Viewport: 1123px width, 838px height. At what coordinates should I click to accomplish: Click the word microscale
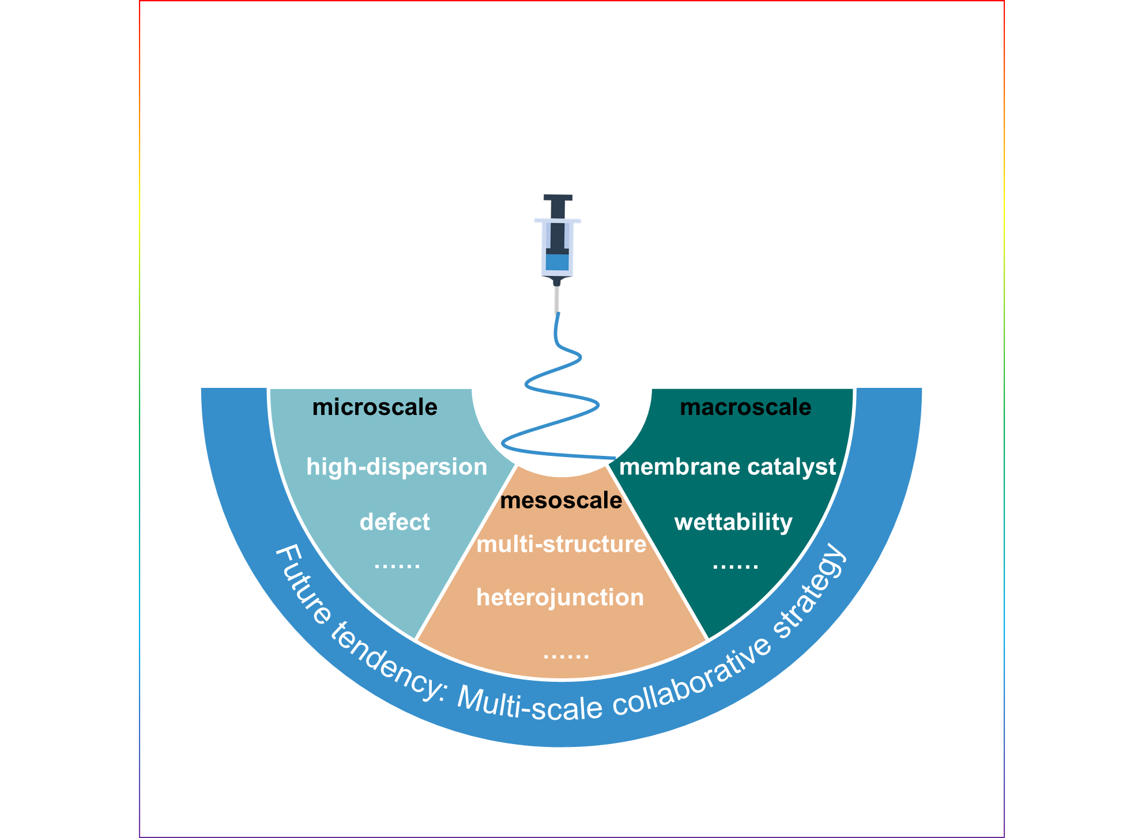pos(375,407)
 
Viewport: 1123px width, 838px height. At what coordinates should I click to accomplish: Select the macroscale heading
pos(745,407)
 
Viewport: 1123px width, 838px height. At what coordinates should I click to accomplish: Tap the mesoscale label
pos(561,500)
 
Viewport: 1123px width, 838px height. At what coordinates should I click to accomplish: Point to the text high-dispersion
pos(397,467)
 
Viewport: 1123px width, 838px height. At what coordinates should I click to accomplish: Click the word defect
pos(395,522)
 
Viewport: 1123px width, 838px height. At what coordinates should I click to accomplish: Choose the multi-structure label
pos(561,544)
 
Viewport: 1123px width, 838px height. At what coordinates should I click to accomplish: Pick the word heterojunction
pos(560,598)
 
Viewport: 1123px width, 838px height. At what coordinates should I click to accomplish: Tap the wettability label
pos(733,522)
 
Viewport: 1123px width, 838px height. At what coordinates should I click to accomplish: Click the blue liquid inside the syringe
pos(557,262)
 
